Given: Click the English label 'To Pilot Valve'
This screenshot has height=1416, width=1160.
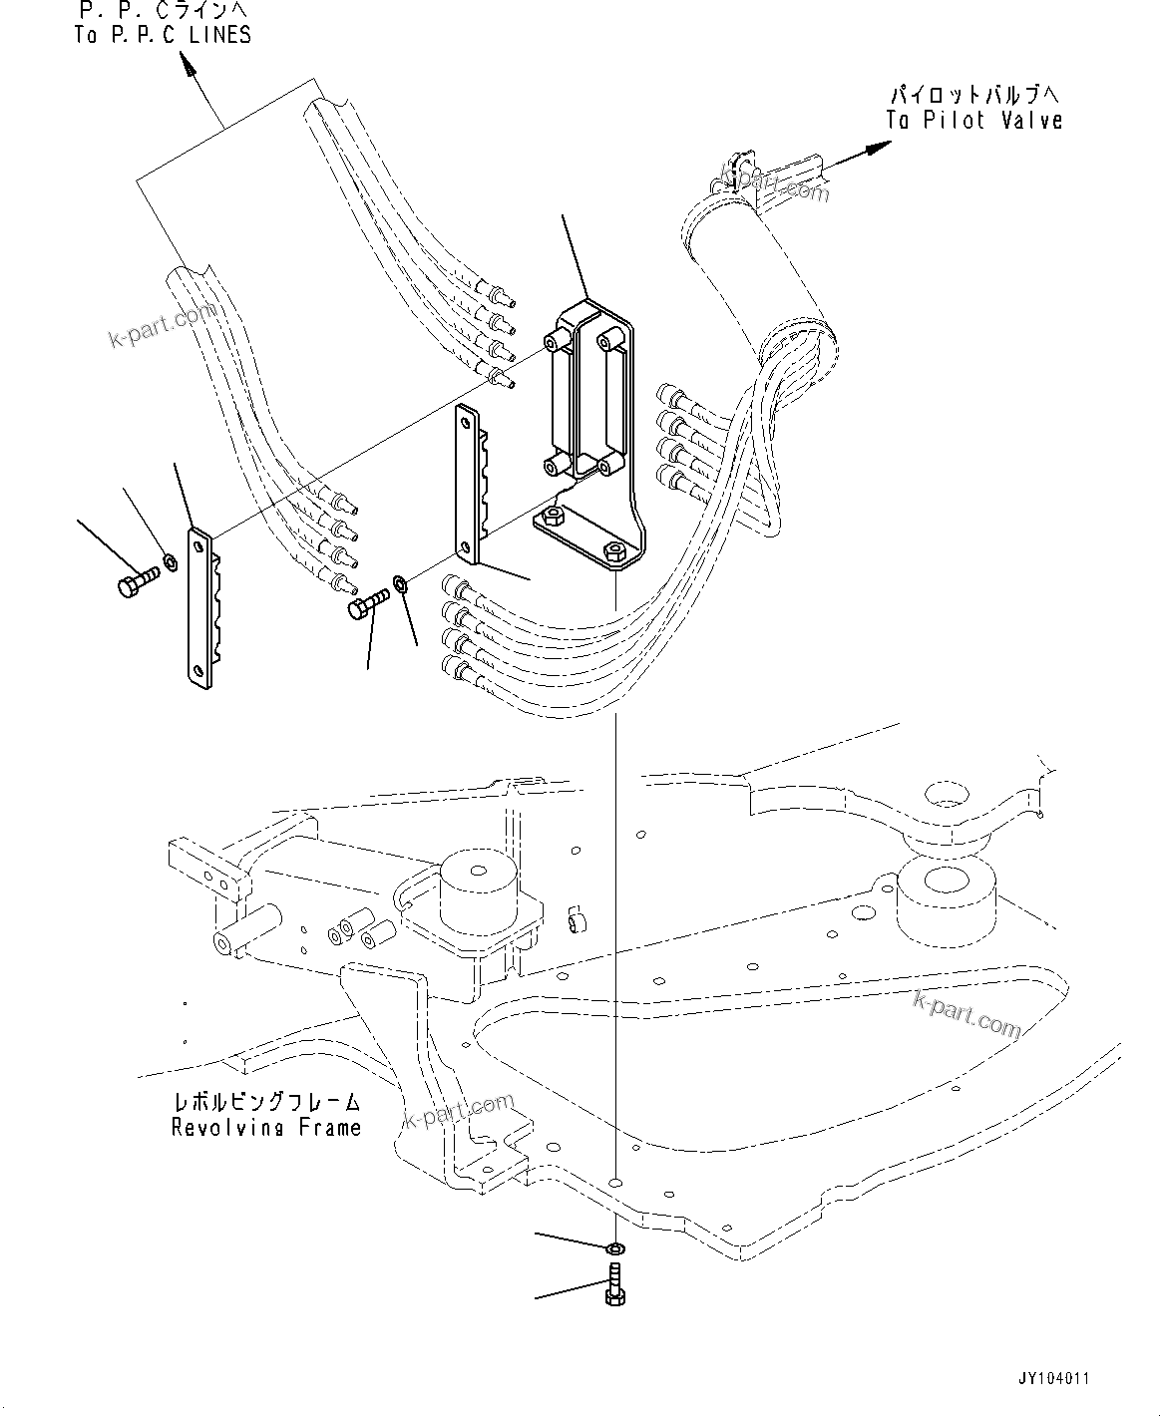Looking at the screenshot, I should click(x=973, y=121).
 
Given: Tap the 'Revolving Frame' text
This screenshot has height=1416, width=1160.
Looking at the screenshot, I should click(x=266, y=1128).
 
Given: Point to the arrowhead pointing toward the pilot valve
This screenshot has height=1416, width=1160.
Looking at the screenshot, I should click(x=878, y=148).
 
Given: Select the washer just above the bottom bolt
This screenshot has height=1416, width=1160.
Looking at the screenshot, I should click(x=615, y=1247).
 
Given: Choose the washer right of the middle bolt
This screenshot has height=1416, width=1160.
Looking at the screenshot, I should click(x=399, y=581).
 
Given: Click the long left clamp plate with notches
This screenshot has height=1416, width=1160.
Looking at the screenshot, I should click(x=200, y=608).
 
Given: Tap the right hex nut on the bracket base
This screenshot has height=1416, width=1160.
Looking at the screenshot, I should click(x=615, y=549).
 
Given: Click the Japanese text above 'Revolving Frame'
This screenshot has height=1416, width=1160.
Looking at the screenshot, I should click(x=266, y=1104).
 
